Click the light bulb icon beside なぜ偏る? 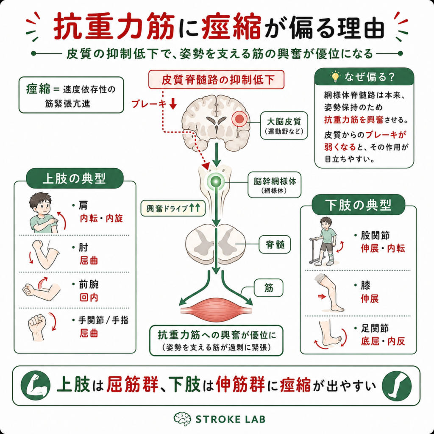(x=335, y=77)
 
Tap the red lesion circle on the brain (x=239, y=119)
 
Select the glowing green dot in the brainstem (x=216, y=181)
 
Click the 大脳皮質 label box (x=284, y=125)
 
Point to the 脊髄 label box (x=275, y=245)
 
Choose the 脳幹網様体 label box (x=274, y=185)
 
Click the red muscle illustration (x=216, y=310)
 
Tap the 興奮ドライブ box (x=173, y=209)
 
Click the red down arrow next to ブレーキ (x=173, y=104)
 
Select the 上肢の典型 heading (x=75, y=178)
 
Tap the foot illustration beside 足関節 (x=328, y=334)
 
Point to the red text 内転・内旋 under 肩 (x=101, y=218)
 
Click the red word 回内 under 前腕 (x=89, y=298)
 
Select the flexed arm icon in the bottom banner (x=36, y=386)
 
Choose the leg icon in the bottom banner (x=397, y=386)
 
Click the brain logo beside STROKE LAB (x=182, y=419)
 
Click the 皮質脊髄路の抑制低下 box (x=217, y=80)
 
